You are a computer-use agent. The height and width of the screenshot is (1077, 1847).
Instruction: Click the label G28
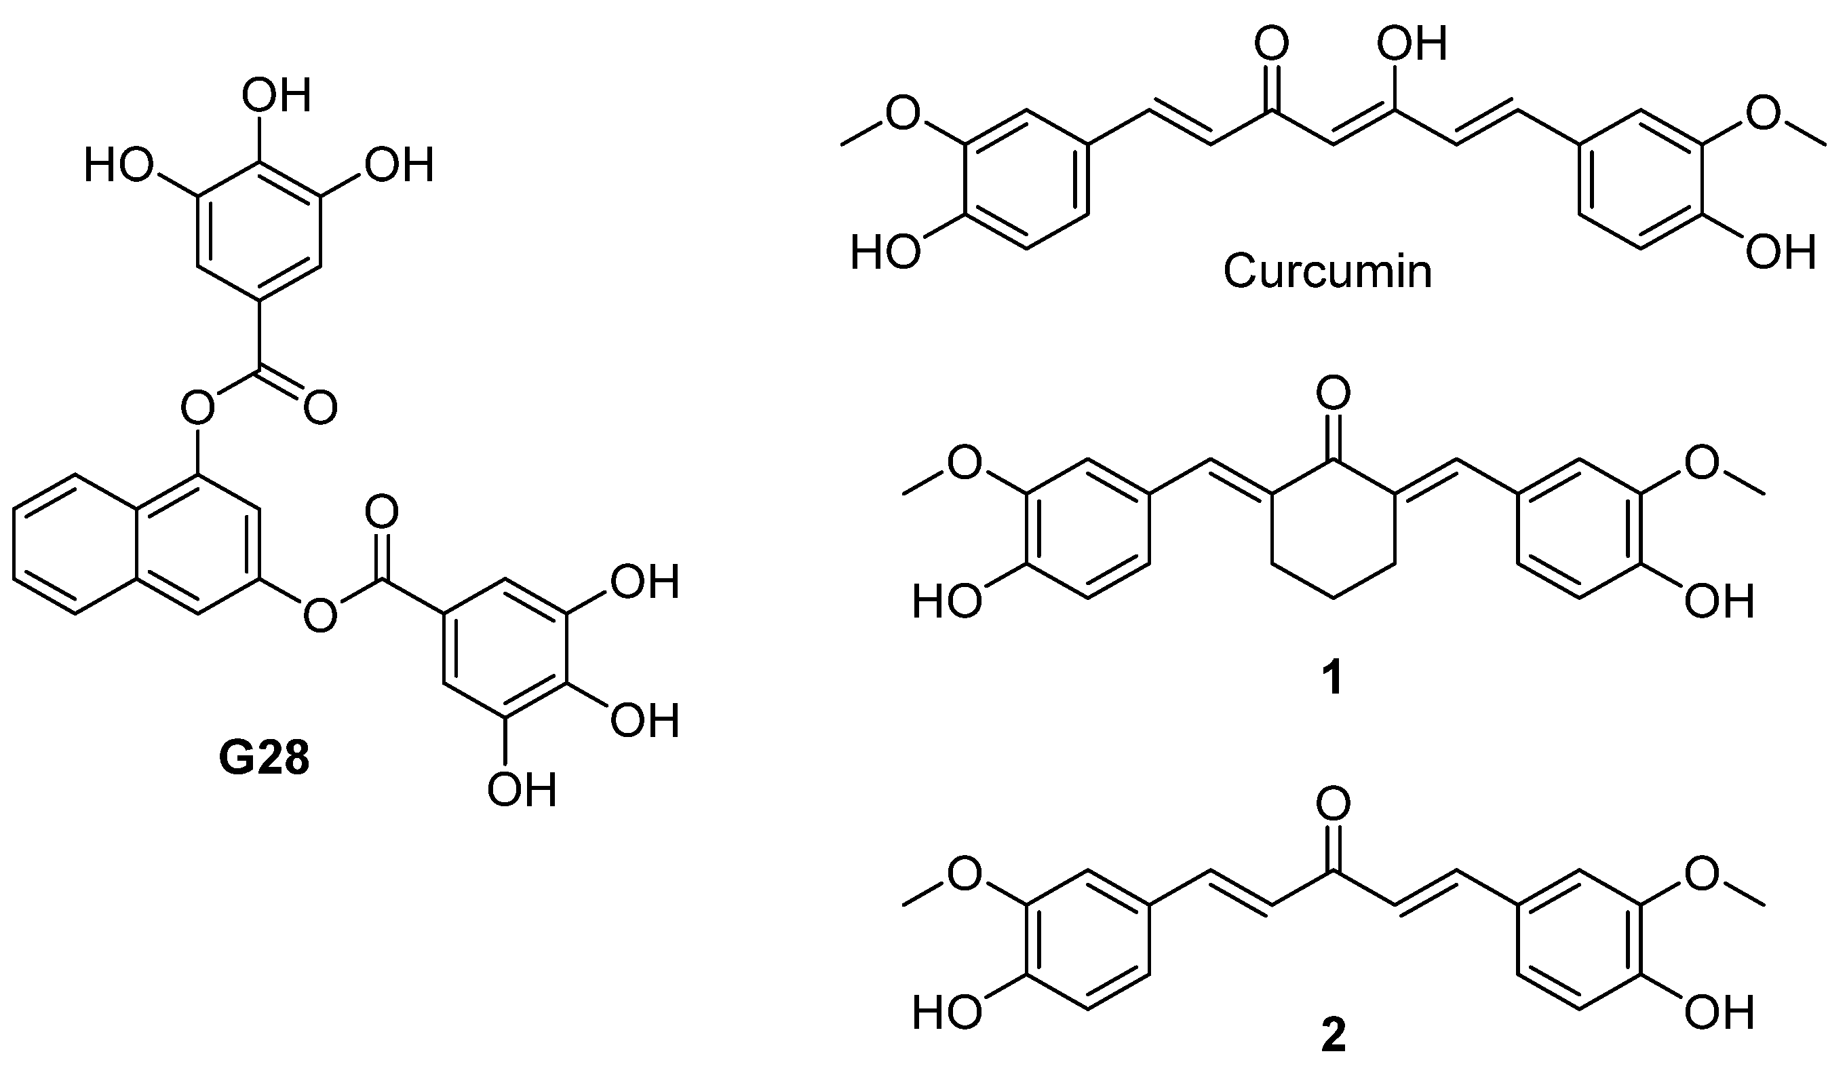click(x=265, y=760)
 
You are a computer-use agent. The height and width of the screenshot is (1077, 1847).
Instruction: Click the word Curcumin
click(x=1327, y=271)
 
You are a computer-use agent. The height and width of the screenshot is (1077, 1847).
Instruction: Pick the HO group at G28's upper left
click(x=118, y=166)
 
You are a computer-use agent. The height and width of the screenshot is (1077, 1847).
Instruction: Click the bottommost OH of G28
click(x=522, y=791)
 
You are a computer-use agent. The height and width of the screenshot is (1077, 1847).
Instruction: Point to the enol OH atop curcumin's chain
click(x=1411, y=45)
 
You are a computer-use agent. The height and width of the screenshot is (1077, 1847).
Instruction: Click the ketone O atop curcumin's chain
click(x=1271, y=45)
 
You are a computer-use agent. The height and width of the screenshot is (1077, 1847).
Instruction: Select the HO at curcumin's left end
click(x=885, y=254)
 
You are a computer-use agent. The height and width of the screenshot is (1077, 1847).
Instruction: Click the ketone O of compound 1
click(x=1332, y=394)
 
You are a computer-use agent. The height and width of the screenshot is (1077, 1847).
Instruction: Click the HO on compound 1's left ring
click(x=948, y=603)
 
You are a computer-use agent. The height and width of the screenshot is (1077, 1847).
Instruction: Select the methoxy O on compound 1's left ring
click(x=965, y=464)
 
